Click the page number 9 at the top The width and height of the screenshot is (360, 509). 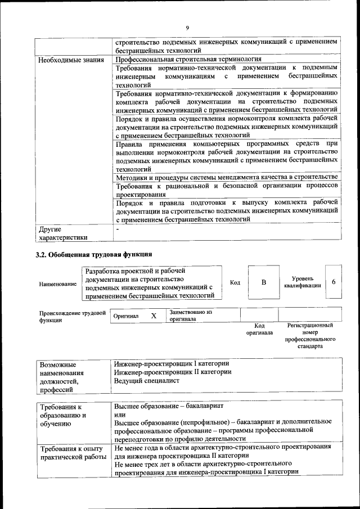click(x=187, y=28)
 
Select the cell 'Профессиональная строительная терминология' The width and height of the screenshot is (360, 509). click(x=188, y=58)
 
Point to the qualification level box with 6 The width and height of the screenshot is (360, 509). click(x=334, y=281)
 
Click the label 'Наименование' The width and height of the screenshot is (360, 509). click(x=58, y=284)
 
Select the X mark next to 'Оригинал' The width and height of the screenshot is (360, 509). click(x=154, y=316)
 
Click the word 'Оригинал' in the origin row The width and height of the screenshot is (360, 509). click(x=126, y=317)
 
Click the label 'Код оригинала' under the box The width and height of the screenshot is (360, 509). click(x=259, y=329)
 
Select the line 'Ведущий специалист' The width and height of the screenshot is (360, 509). click(x=146, y=381)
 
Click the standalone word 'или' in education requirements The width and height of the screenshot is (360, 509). click(x=119, y=413)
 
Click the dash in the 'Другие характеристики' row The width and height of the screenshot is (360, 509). click(x=117, y=229)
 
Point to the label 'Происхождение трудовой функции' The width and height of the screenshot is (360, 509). click(x=73, y=316)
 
